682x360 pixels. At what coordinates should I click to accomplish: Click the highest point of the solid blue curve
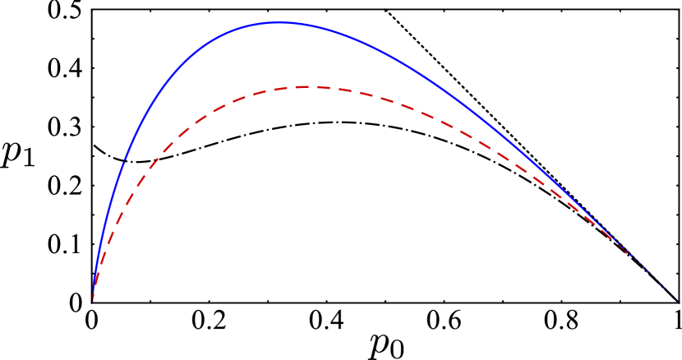[280, 23]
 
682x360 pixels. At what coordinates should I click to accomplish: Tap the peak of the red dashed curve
[308, 86]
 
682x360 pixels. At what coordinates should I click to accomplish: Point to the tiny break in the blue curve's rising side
[125, 159]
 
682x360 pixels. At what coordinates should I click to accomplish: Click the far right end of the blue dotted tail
[679, 302]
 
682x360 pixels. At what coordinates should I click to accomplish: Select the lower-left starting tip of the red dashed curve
[94, 299]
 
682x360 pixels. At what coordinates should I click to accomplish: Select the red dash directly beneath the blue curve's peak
[280, 89]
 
